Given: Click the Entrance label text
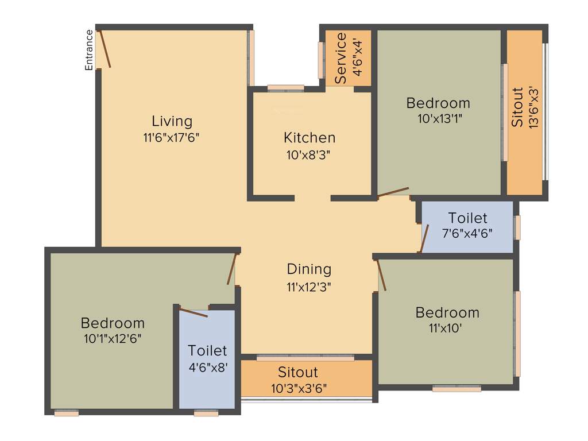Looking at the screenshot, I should pyautogui.click(x=89, y=50).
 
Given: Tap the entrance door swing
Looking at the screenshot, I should pyautogui.click(x=105, y=49).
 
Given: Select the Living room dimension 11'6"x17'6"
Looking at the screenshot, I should pyautogui.click(x=172, y=137).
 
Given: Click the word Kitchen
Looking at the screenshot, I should pyautogui.click(x=310, y=138).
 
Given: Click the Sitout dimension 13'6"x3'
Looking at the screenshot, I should pyautogui.click(x=533, y=107).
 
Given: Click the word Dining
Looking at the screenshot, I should pyautogui.click(x=309, y=269).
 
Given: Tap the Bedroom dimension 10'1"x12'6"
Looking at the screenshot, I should pyautogui.click(x=113, y=338).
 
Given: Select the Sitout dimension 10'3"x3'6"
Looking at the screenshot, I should pyautogui.click(x=299, y=388).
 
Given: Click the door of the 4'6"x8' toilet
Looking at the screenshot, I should pyautogui.click(x=193, y=312).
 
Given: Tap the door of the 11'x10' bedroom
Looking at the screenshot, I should pyautogui.click(x=381, y=275).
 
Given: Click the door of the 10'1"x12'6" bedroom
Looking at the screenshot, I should pyautogui.click(x=232, y=269).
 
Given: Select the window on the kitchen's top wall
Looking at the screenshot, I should pyautogui.click(x=285, y=88).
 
